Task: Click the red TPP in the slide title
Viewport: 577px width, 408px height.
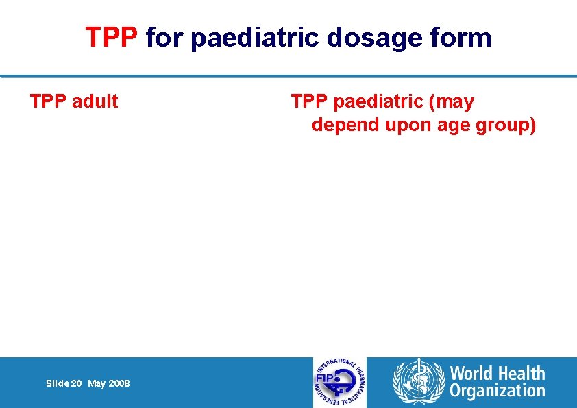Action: [x=112, y=38]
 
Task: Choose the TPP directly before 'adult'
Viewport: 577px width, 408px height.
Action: [x=47, y=101]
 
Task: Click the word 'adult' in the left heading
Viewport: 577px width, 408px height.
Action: [x=95, y=101]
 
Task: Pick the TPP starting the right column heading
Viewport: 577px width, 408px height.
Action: [x=309, y=101]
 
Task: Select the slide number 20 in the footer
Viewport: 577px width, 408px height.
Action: [x=75, y=384]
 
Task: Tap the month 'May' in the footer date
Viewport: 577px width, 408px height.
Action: [x=97, y=384]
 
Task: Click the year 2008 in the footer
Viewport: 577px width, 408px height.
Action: [x=119, y=384]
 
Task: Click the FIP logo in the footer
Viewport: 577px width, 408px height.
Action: [x=340, y=383]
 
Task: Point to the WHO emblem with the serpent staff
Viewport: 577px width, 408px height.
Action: [x=418, y=383]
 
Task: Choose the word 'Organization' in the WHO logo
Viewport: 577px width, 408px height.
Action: [x=497, y=392]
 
